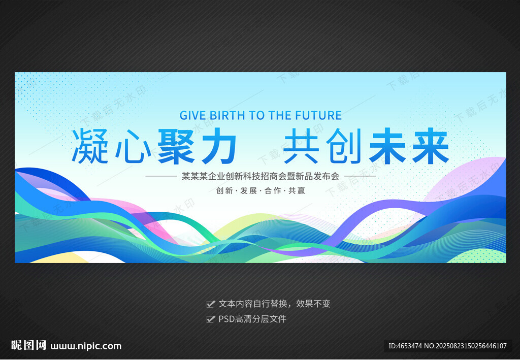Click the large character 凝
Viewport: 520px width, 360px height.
tap(90, 146)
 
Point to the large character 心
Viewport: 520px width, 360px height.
tap(134, 146)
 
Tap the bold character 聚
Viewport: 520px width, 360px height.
tap(176, 146)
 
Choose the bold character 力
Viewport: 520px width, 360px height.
tap(218, 146)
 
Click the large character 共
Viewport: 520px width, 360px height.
tap(301, 146)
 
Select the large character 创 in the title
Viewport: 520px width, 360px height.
tap(344, 146)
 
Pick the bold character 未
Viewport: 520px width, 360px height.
tap(387, 146)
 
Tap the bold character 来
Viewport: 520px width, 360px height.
tap(431, 146)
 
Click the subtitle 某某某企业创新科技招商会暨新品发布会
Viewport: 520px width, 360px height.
tap(261, 176)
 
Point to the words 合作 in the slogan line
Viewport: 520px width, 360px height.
tap(273, 190)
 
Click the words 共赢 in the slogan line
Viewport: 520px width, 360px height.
tap(297, 190)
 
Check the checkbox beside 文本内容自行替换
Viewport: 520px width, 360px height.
tap(211, 304)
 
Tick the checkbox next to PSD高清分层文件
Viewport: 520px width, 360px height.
tap(211, 319)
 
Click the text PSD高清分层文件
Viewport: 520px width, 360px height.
tap(252, 319)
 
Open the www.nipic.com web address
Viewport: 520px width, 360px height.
tap(86, 346)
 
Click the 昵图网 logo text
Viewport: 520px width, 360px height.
tap(28, 345)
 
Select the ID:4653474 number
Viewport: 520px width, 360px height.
tap(405, 346)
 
